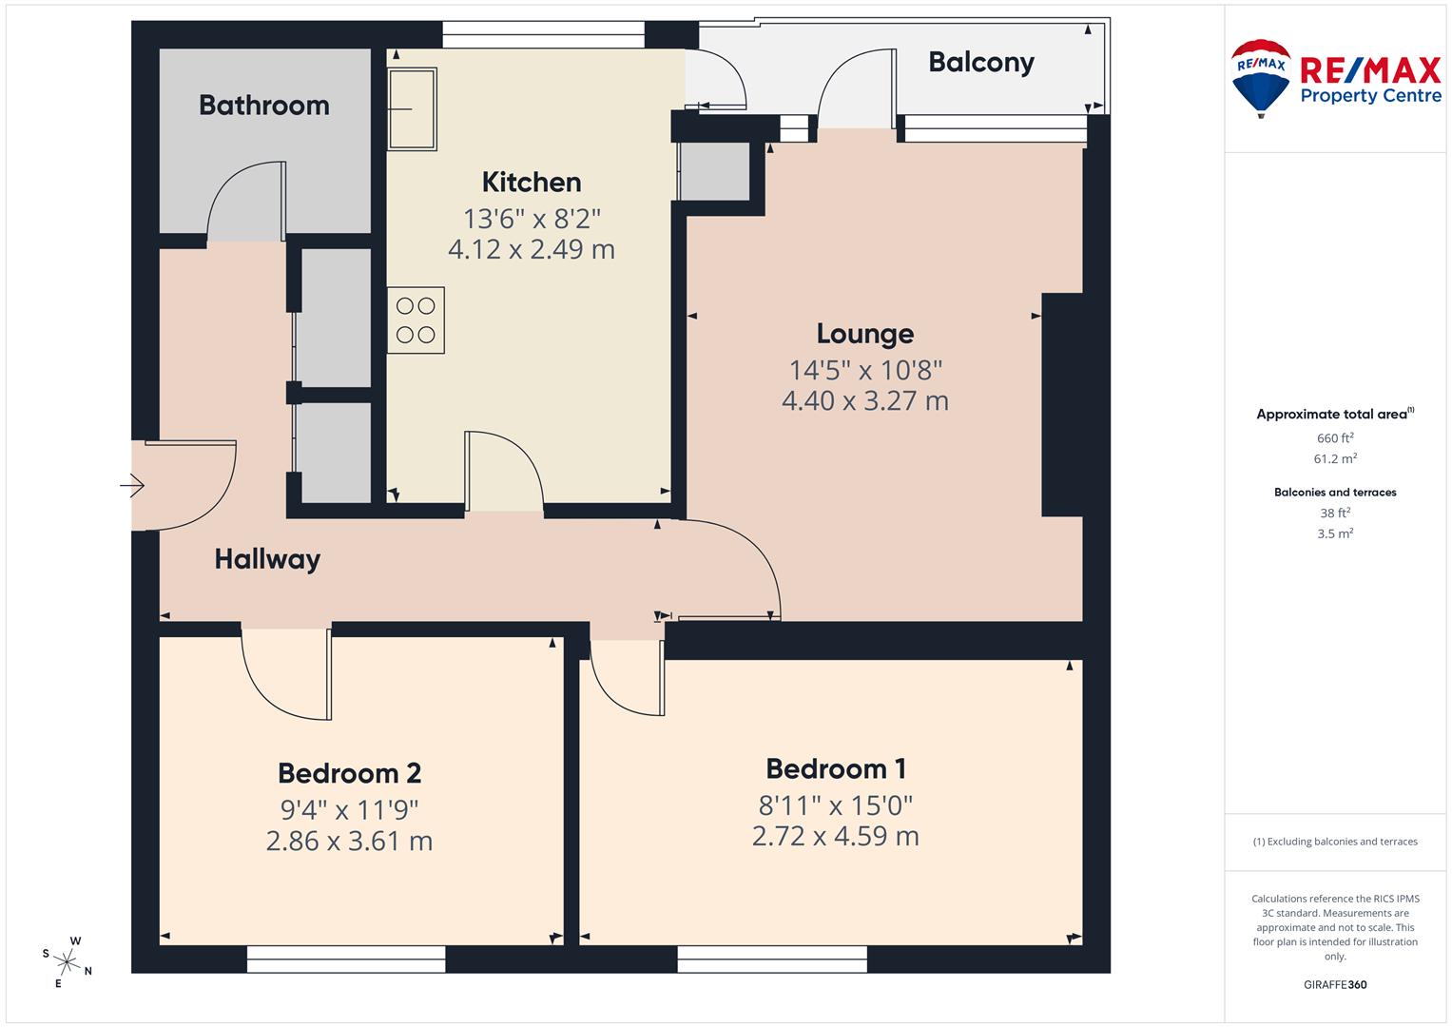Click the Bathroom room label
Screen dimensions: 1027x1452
click(263, 105)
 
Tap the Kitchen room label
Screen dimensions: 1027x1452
click(531, 182)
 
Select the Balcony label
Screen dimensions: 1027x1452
click(980, 63)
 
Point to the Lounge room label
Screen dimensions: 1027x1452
click(864, 334)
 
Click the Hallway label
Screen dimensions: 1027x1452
click(266, 559)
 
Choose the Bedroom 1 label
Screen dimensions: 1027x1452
click(835, 768)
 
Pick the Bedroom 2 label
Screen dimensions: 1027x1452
click(349, 773)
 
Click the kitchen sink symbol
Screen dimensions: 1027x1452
click(412, 108)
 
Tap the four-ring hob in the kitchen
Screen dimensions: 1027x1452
click(416, 320)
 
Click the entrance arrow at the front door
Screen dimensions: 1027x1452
click(132, 487)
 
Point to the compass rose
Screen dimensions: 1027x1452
click(67, 960)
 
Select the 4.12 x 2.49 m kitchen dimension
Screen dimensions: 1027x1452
click(531, 250)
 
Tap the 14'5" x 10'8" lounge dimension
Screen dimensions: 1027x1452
click(864, 370)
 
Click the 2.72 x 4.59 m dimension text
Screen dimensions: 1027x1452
click(835, 837)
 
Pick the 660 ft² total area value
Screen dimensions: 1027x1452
click(1334, 438)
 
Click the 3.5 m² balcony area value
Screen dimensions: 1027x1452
click(1334, 534)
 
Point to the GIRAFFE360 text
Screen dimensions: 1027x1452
click(1334, 985)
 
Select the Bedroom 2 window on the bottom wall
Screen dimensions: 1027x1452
click(346, 959)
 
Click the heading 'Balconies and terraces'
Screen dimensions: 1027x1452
click(1334, 493)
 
